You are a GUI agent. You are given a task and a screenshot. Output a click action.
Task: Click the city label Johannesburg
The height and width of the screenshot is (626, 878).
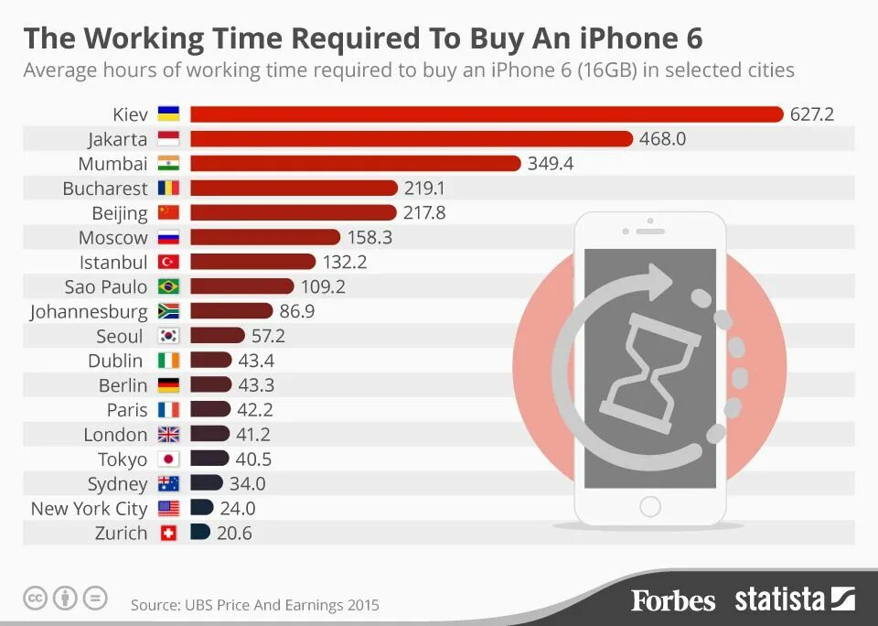click(89, 312)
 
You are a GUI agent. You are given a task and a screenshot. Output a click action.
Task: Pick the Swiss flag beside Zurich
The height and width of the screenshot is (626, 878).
click(168, 533)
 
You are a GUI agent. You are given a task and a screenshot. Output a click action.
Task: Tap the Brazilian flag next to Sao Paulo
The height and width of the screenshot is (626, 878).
click(168, 287)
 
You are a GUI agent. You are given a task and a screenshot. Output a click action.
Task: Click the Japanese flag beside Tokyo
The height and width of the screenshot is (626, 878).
click(168, 459)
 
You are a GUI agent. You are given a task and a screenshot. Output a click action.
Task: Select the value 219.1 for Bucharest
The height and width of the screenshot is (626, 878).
click(424, 189)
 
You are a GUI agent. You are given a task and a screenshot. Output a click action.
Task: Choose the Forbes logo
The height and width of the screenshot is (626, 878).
click(672, 600)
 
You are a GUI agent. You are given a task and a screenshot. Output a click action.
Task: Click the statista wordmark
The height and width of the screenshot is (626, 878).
click(780, 599)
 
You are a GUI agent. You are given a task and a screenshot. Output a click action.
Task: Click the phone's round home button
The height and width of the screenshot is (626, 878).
click(650, 506)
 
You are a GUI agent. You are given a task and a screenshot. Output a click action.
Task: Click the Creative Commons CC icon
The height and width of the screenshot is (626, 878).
click(35, 599)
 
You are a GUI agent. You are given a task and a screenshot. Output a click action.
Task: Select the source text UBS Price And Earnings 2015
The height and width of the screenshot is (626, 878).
click(254, 605)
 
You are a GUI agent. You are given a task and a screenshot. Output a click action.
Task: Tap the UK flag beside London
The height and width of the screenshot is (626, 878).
click(168, 435)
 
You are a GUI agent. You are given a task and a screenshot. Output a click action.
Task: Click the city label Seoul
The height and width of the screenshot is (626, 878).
click(120, 337)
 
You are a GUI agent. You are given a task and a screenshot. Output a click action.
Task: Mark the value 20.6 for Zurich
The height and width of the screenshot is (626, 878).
click(235, 533)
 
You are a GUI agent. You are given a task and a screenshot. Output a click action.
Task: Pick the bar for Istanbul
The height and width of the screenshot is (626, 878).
click(252, 263)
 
